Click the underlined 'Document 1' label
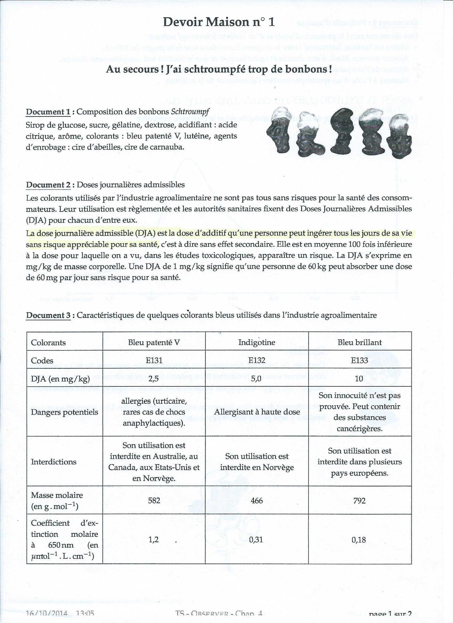[x=48, y=112]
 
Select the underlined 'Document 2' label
[x=48, y=185]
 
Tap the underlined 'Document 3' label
[x=48, y=315]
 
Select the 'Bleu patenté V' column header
[x=154, y=342]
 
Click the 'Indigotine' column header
[x=257, y=342]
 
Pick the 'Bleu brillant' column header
[x=359, y=342]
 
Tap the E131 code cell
[x=154, y=360]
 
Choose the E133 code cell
[x=359, y=360]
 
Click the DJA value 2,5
[x=154, y=379]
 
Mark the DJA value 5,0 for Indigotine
[x=257, y=379]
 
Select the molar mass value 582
[x=154, y=500]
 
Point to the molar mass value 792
[x=359, y=500]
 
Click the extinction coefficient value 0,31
[x=257, y=540]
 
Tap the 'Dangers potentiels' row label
[x=64, y=412]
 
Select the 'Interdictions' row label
[x=54, y=462]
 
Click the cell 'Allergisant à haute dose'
[x=257, y=412]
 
